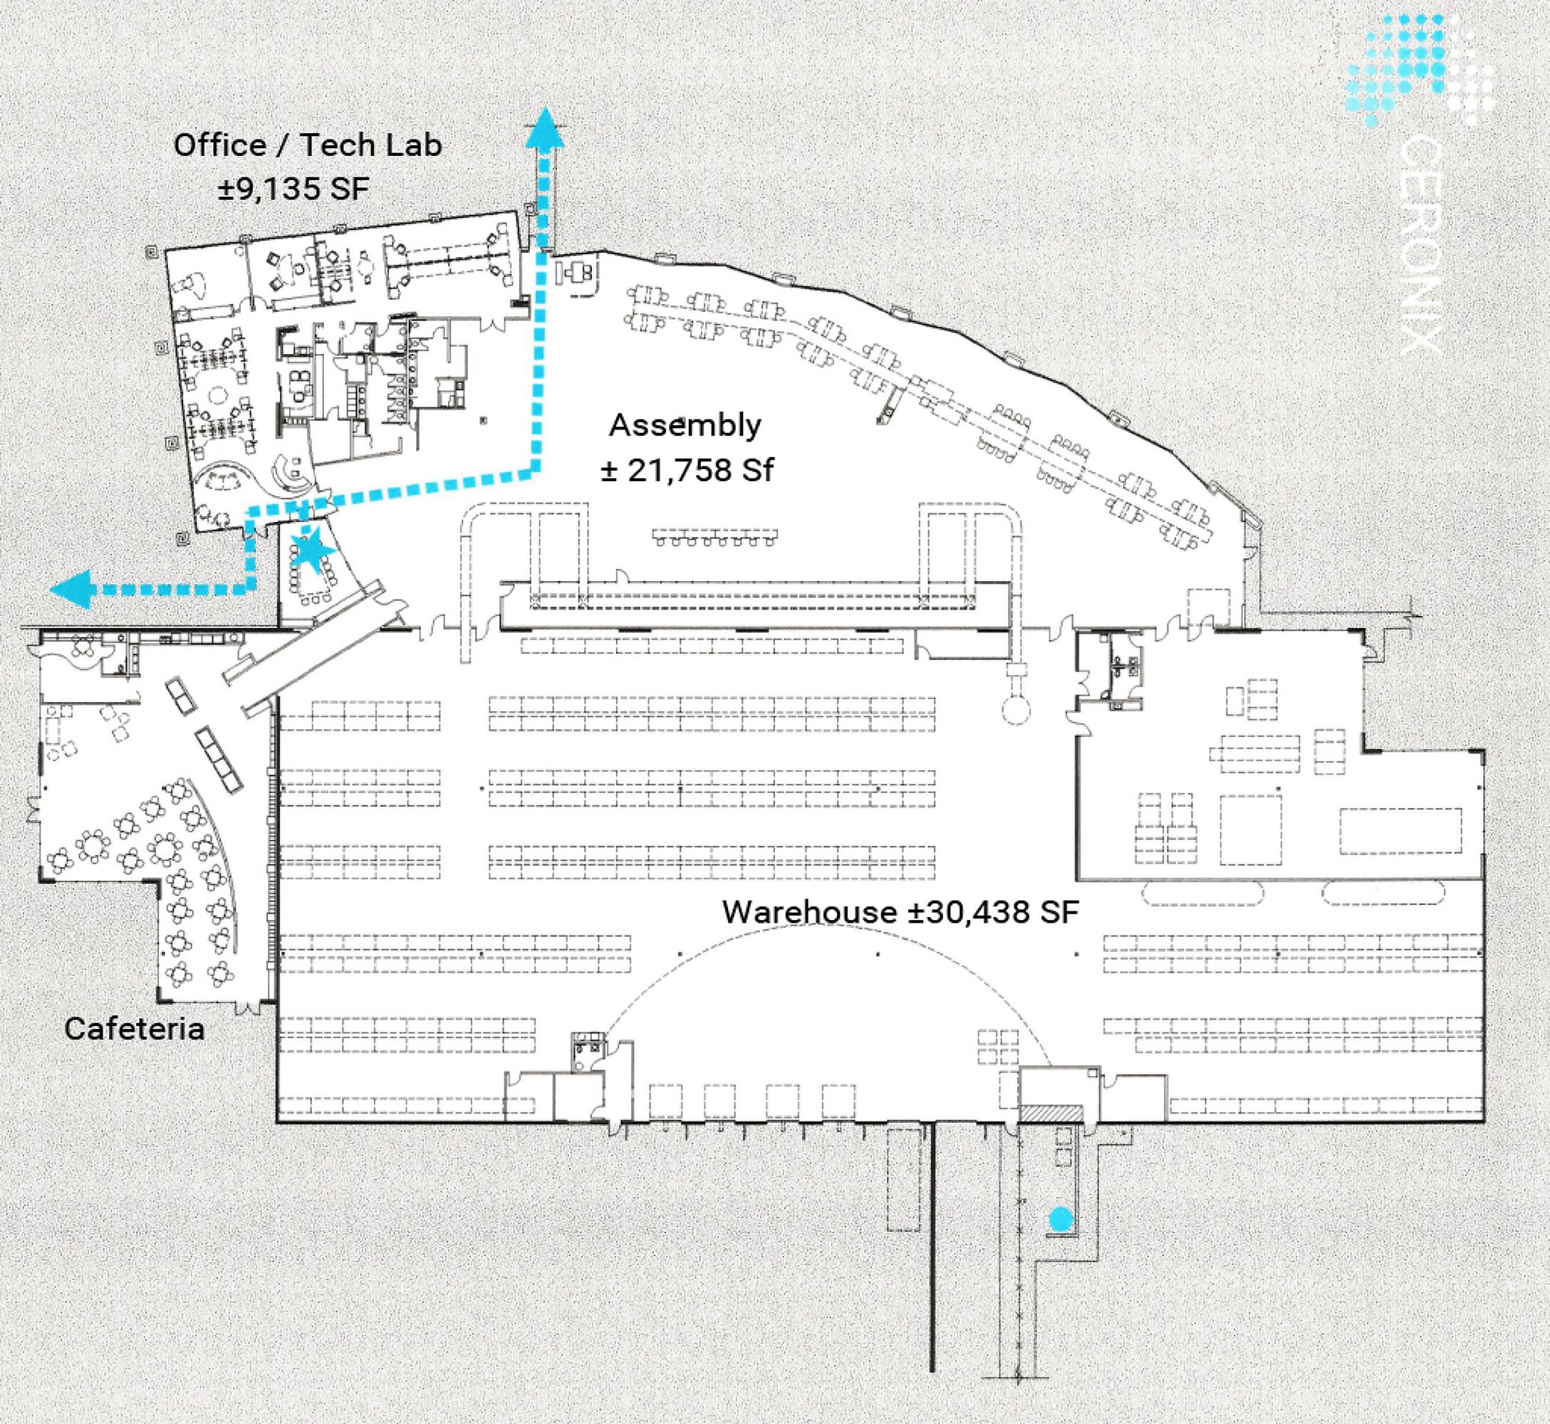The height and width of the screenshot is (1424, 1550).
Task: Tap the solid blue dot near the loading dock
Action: coord(1061,1220)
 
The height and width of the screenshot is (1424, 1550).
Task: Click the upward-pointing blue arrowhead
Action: coord(545,127)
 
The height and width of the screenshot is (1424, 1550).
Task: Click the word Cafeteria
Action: coord(135,1030)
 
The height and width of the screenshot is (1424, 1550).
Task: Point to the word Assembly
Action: coord(685,426)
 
